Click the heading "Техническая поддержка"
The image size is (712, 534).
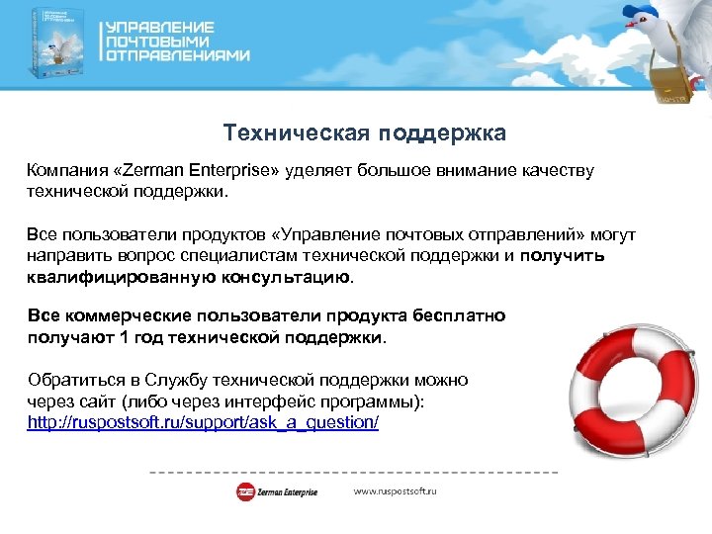[364, 133]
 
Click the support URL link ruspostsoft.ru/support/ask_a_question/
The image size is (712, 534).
[203, 422]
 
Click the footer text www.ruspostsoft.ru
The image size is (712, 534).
[396, 491]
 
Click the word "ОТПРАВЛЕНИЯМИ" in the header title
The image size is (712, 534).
[178, 56]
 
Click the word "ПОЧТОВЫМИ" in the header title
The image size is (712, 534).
[157, 42]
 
